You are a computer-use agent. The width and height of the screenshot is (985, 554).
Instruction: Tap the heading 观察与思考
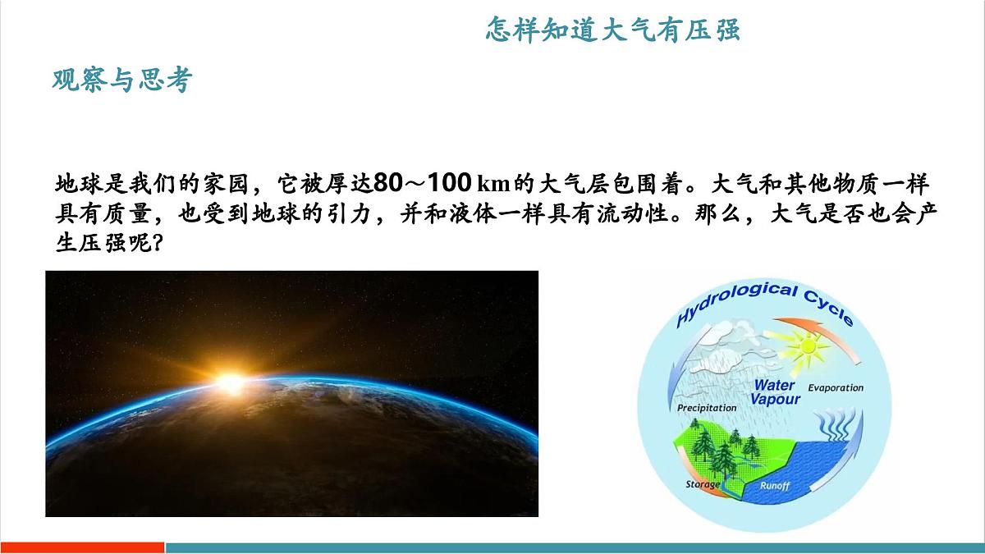tap(121, 80)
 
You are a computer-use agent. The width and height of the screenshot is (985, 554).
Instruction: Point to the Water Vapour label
tap(775, 391)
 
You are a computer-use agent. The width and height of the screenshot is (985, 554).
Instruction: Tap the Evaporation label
tap(836, 387)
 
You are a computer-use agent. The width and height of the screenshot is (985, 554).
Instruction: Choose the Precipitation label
tap(707, 407)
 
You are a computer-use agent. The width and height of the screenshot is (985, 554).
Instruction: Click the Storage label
tap(703, 484)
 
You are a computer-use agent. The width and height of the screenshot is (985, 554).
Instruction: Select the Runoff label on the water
tap(774, 486)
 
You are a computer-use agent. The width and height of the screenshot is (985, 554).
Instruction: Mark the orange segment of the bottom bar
tap(82, 547)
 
